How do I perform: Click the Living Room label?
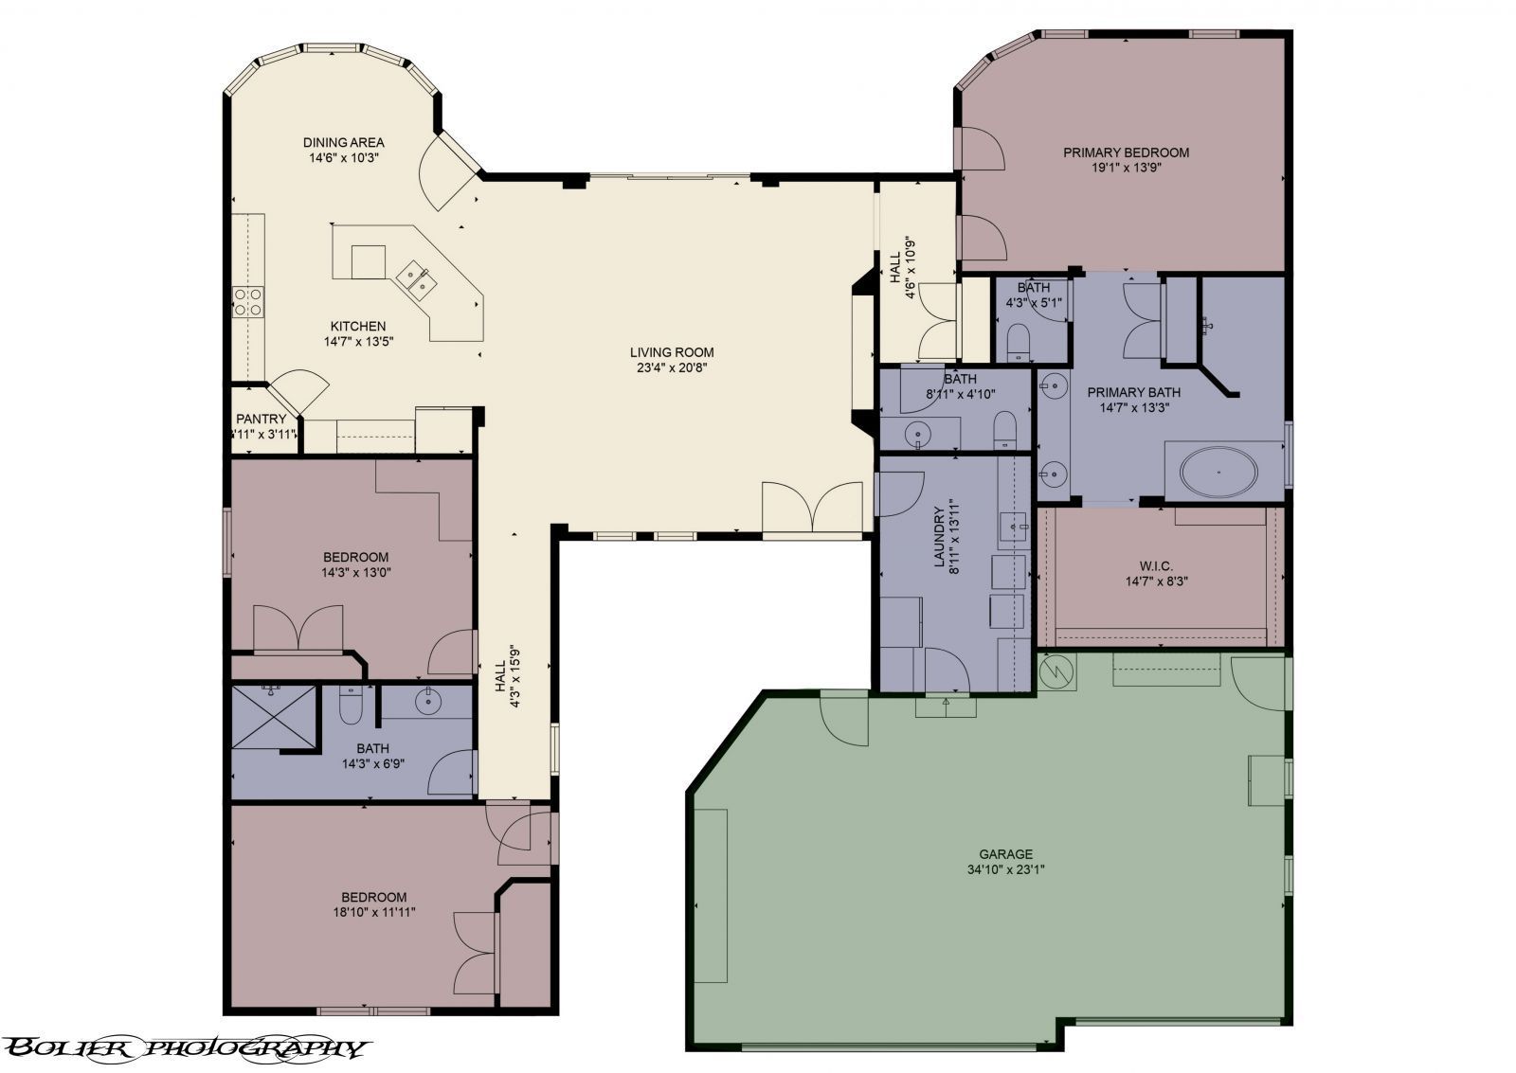[671, 353]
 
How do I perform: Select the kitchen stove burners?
[248, 301]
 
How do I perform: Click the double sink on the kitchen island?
[416, 277]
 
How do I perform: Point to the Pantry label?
[261, 420]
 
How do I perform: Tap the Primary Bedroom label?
[1126, 152]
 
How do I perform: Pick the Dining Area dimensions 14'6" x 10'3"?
[344, 158]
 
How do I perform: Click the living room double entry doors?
[813, 509]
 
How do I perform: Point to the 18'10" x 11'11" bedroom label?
[373, 904]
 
